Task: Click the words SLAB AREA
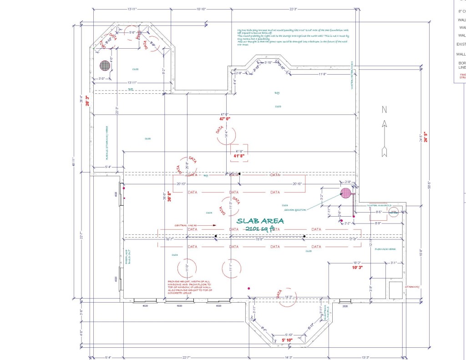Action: coord(261,221)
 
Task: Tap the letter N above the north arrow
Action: coord(384,109)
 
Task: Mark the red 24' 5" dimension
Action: coord(426,137)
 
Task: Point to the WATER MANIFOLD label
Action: coord(379,206)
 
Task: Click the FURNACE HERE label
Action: coord(385,249)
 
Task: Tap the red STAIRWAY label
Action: coord(412,287)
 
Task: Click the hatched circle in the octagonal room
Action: coord(105,66)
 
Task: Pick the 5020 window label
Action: coord(179,306)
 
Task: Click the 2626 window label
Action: coord(345,306)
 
